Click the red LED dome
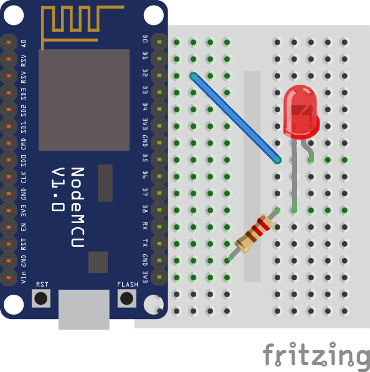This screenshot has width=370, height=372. pos(301,112)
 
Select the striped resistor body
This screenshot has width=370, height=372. pos(254,234)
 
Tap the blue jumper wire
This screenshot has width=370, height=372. pos(235,118)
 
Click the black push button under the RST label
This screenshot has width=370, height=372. pos(40,298)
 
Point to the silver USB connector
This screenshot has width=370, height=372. pos(84,309)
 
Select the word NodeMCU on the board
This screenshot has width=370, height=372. pos(78,207)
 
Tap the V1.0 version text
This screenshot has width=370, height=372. pos(58,189)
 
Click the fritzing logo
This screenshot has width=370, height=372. pos(316,355)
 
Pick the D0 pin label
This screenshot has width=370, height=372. pos(145,39)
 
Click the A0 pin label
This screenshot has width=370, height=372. pos(24,44)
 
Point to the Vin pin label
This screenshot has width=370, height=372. pos(24,277)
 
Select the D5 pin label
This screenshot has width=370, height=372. pos(145,158)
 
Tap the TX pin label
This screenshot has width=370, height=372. pos(145,243)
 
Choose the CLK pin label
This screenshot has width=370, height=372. pos(24,177)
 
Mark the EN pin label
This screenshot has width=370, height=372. pos(24,227)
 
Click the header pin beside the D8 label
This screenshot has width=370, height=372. pos(159,210)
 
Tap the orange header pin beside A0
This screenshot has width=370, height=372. pos(9,42)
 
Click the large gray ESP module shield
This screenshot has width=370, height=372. pos(84,100)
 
